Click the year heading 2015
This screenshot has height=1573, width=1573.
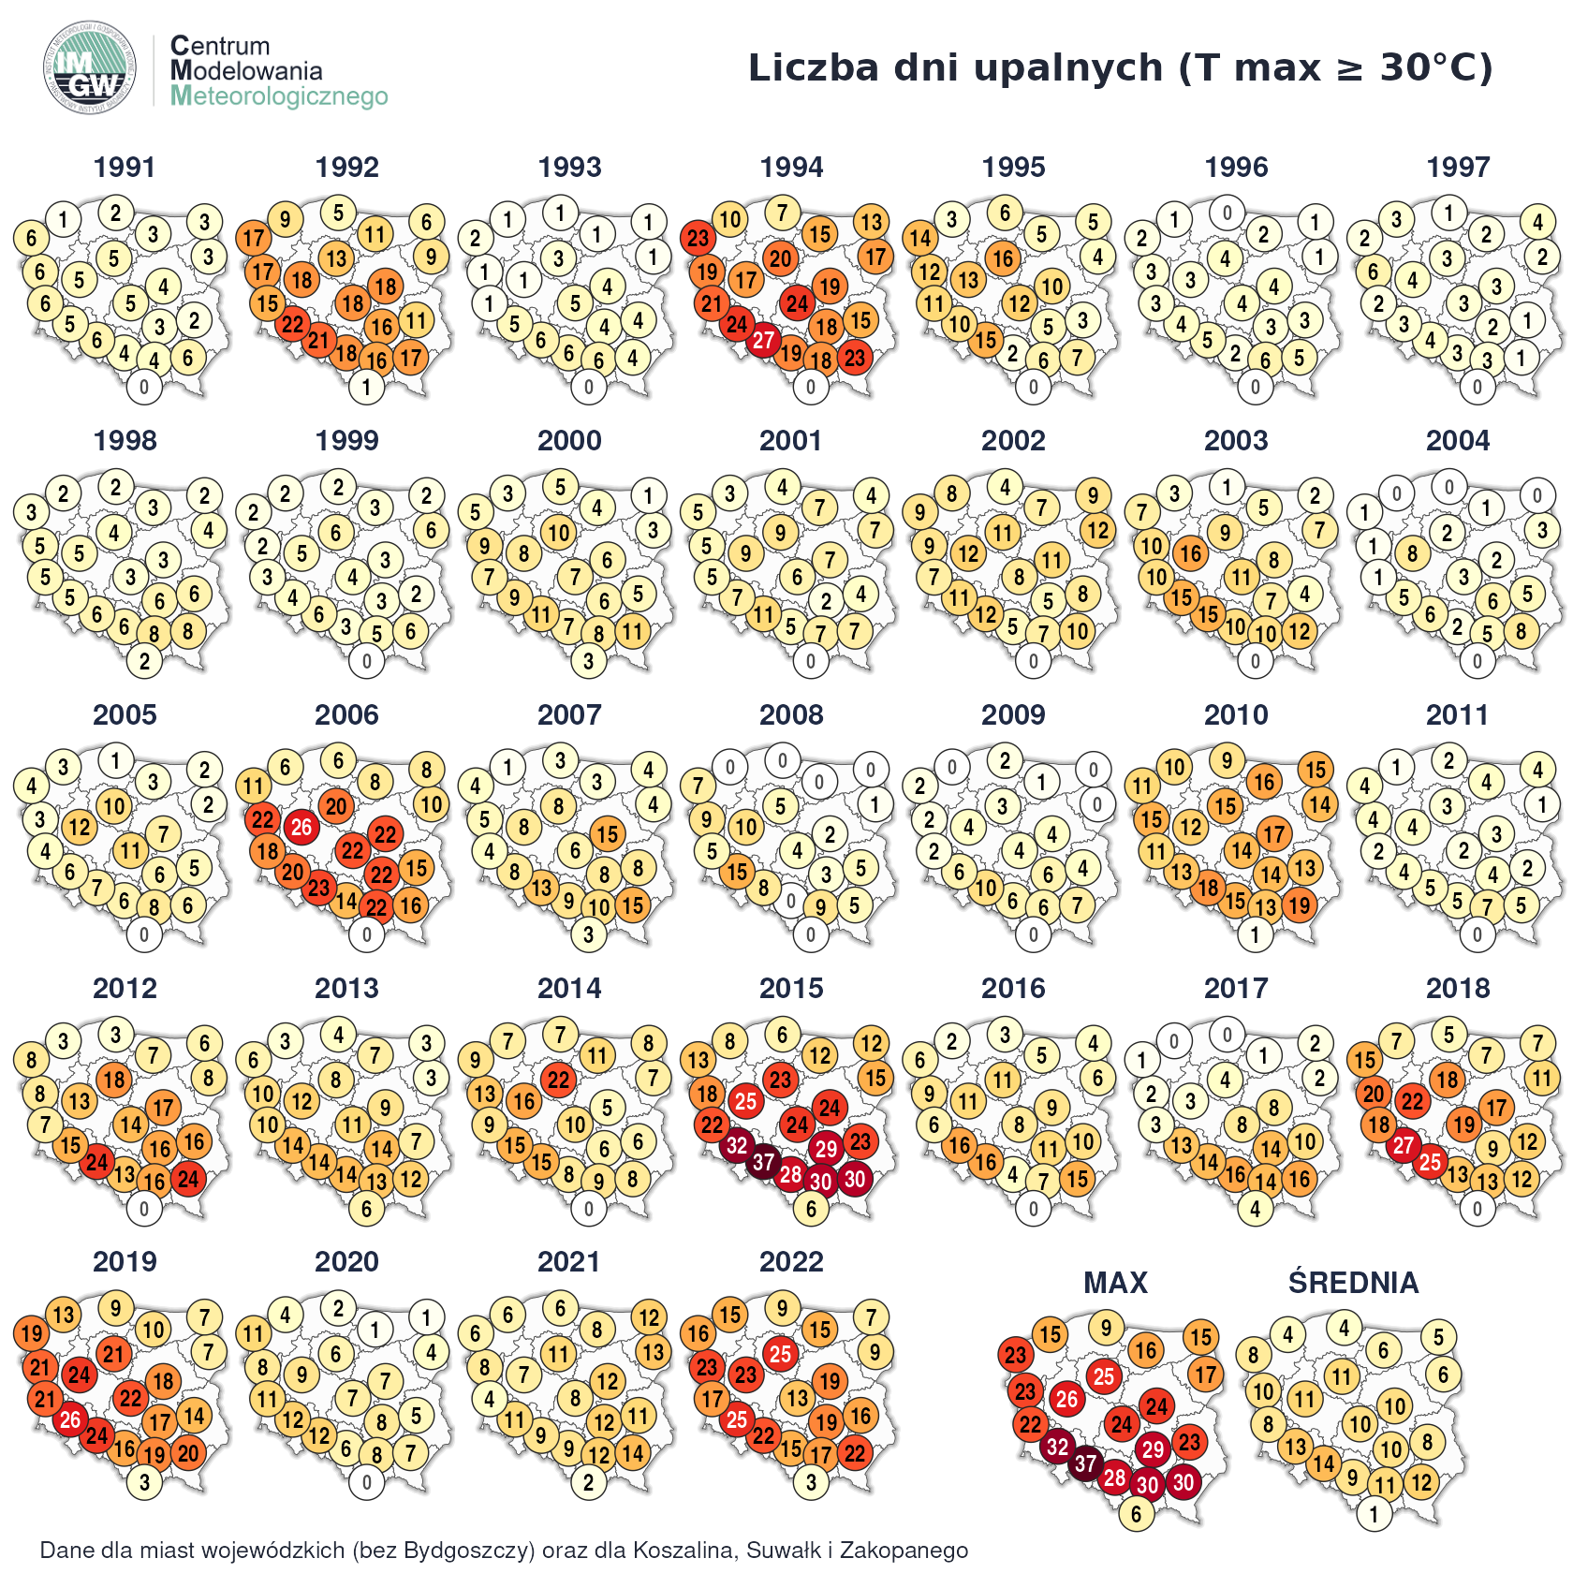[791, 988]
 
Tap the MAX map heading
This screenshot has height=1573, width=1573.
[1115, 1283]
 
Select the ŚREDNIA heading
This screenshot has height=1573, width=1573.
[1353, 1283]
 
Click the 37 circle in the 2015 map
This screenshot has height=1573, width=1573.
[764, 1163]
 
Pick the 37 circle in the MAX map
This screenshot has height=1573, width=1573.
[1085, 1463]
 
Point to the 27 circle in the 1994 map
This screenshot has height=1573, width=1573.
[764, 341]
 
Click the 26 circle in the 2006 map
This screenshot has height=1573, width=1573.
[301, 827]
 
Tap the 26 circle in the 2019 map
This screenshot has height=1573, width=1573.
[70, 1419]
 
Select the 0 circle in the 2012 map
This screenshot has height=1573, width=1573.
[144, 1209]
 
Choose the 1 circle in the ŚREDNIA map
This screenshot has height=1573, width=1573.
[1374, 1514]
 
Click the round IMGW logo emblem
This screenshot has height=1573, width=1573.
[90, 67]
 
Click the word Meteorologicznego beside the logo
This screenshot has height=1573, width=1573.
[279, 96]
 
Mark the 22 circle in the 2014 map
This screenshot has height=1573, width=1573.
[559, 1080]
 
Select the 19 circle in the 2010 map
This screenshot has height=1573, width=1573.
[1299, 904]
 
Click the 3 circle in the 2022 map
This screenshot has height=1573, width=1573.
[811, 1482]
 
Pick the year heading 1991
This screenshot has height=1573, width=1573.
[125, 168]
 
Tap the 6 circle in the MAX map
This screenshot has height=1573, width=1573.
[1136, 1514]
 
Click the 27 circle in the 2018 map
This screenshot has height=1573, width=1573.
[1403, 1146]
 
